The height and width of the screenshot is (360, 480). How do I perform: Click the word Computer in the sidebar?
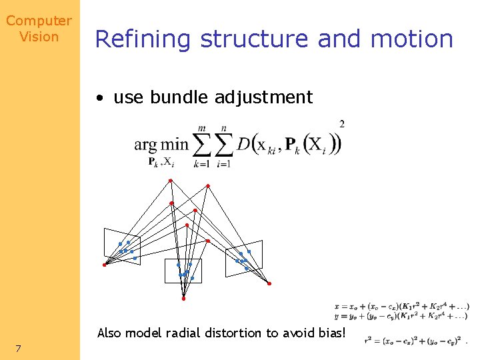39,21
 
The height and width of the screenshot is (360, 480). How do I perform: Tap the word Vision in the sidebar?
39,37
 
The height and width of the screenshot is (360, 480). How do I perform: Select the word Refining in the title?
143,39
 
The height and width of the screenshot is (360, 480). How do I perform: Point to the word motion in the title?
411,39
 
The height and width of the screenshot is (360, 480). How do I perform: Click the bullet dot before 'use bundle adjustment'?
99,98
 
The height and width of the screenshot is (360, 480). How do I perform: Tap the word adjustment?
264,98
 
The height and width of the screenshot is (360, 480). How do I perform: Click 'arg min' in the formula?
161,145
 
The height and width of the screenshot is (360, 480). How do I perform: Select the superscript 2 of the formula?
342,124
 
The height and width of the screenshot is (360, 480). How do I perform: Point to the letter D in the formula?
243,143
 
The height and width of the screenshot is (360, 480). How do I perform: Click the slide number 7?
18,348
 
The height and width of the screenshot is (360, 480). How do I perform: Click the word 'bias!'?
331,333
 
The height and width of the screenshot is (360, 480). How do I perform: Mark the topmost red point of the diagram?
170,181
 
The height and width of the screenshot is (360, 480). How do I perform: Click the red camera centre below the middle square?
183,299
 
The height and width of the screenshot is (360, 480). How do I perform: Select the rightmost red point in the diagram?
269,283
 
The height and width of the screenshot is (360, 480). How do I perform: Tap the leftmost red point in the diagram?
104,265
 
